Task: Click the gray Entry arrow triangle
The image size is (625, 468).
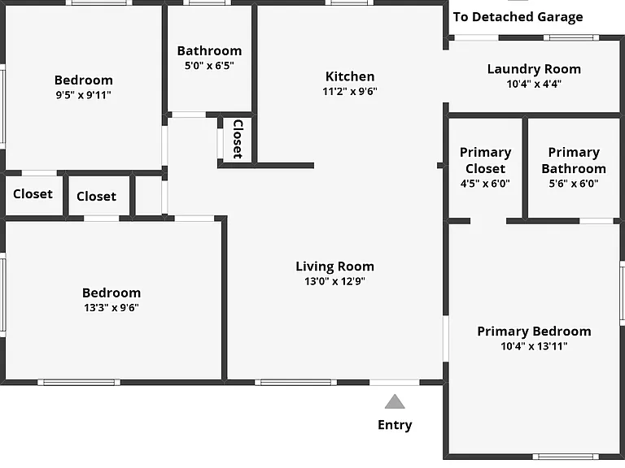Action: tap(395, 401)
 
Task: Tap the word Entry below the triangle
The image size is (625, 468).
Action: tap(395, 425)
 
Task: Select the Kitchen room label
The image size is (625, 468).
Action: tap(350, 76)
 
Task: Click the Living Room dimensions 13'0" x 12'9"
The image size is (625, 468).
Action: tap(334, 281)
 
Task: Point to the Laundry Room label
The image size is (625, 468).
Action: tap(534, 69)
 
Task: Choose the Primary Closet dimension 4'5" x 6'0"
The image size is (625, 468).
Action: tap(485, 184)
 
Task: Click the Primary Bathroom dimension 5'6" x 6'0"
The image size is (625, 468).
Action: tap(574, 184)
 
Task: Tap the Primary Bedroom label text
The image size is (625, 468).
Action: tap(534, 331)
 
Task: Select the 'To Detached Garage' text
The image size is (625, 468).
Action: tap(518, 17)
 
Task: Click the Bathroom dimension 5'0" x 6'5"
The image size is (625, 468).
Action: tap(209, 66)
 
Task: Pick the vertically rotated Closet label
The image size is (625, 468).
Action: tap(238, 139)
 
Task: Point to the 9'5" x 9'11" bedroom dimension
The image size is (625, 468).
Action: tap(83, 95)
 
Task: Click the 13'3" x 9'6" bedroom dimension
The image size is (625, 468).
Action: tap(111, 308)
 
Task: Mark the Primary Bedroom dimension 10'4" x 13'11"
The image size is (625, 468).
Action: tap(534, 346)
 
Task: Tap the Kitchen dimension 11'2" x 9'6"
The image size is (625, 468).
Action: tap(350, 91)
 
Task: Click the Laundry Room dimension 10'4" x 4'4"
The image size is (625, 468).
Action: tap(534, 84)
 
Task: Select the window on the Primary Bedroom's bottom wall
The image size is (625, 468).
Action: tap(566, 457)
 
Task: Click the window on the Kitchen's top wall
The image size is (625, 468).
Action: tap(349, 2)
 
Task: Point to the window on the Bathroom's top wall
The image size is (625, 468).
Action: tap(207, 2)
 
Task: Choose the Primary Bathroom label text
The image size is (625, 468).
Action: tap(574, 160)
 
